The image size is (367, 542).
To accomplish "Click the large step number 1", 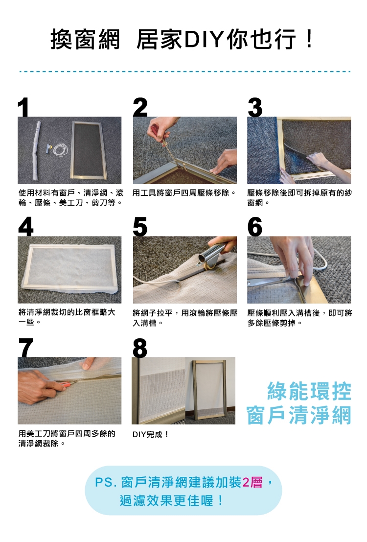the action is click(x=23, y=108).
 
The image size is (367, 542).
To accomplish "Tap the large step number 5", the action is click(x=140, y=227).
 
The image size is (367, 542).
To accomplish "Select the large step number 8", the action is click(x=139, y=348).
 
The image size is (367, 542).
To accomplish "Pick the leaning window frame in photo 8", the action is click(x=209, y=390).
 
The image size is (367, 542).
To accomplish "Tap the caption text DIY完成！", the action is click(x=151, y=434).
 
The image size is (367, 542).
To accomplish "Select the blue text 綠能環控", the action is click(x=309, y=391).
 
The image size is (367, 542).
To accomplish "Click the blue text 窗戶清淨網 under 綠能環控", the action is click(x=299, y=415).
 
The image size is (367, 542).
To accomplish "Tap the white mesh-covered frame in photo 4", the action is click(x=69, y=267).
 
